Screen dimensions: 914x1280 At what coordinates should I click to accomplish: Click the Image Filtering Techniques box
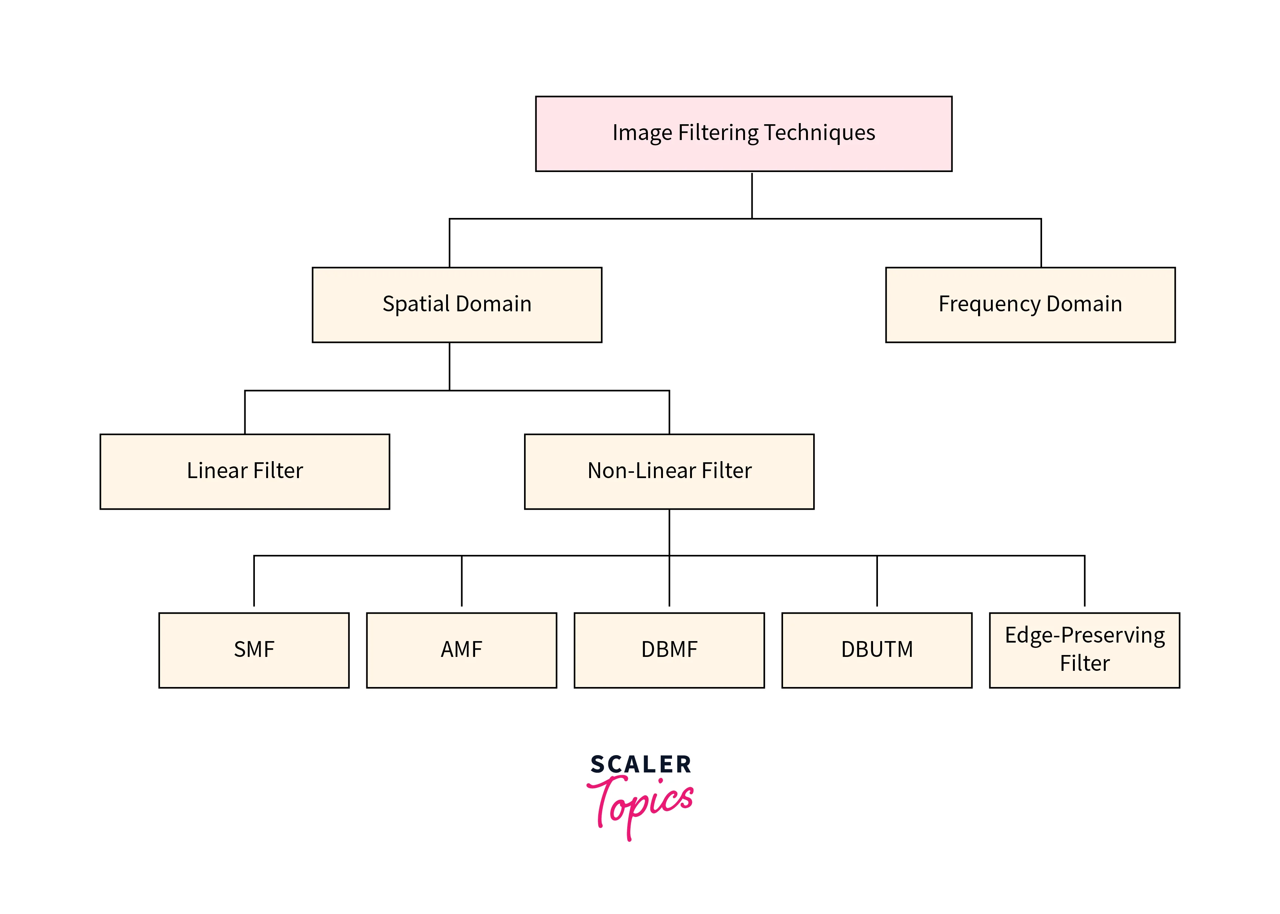pyautogui.click(x=743, y=133)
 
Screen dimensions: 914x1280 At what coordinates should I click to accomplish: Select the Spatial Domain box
pyautogui.click(x=457, y=305)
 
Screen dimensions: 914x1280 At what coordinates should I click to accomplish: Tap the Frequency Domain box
pyautogui.click(x=1030, y=305)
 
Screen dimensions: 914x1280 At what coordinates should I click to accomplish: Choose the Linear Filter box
pyautogui.click(x=244, y=471)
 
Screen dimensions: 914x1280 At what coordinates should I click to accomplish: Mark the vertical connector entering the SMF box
pyautogui.click(x=254, y=581)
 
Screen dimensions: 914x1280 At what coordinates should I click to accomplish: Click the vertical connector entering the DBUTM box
pyautogui.click(x=876, y=581)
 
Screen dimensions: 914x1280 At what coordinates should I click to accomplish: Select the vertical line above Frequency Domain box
pyautogui.click(x=1041, y=242)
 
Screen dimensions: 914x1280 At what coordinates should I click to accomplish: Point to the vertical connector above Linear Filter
pyautogui.click(x=245, y=412)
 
